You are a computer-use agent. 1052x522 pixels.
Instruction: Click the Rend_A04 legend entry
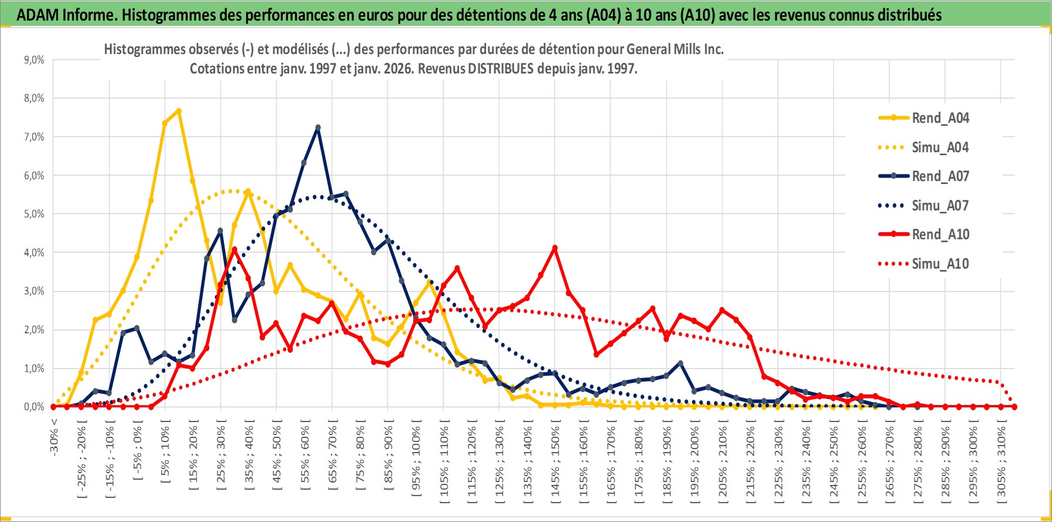[x=940, y=118]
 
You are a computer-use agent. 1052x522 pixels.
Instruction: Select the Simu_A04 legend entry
[x=940, y=148]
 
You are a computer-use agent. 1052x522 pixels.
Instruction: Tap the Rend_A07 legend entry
[x=940, y=176]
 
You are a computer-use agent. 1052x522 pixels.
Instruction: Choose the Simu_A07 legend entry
[x=940, y=206]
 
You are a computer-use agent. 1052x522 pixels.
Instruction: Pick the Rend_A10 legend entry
[x=940, y=235]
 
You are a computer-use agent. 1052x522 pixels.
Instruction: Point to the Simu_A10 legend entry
[x=940, y=264]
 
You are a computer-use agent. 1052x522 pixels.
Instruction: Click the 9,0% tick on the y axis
[x=33, y=60]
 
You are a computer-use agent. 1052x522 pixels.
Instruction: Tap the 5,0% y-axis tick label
[x=33, y=214]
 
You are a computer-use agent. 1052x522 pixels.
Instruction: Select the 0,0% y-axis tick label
[x=33, y=407]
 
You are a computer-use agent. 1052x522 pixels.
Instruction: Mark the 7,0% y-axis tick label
[x=33, y=137]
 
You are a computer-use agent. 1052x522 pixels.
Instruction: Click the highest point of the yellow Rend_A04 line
[x=179, y=111]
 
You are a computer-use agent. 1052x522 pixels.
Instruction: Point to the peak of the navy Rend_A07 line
[x=318, y=128]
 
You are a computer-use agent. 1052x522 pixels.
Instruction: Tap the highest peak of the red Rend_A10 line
[x=555, y=248]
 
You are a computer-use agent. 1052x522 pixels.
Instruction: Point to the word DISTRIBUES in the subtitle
[x=500, y=69]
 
